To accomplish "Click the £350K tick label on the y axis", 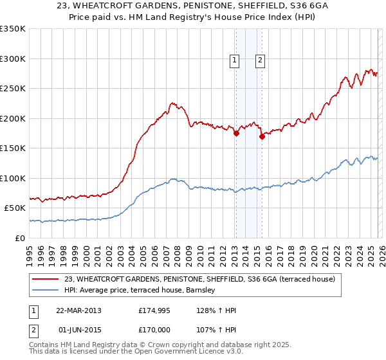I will tap(13, 29).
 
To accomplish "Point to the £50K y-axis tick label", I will tap(15, 208).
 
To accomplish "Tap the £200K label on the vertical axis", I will tap(13, 118).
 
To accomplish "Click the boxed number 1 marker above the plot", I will tap(234, 60).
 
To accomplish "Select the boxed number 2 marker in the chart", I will tap(260, 60).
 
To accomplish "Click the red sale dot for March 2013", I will tap(236, 134).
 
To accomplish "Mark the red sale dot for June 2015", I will tap(262, 136).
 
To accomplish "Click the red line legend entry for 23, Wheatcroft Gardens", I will tap(199, 279).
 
